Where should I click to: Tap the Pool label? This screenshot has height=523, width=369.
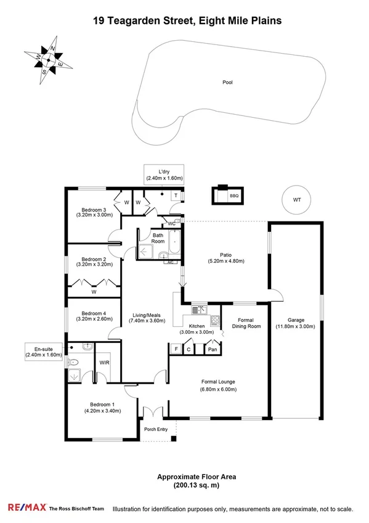pos(228,82)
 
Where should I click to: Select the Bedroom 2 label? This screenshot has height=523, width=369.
pos(94,259)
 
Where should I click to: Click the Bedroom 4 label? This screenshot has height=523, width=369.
pos(94,313)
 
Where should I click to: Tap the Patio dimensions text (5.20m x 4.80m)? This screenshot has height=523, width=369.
pos(225,261)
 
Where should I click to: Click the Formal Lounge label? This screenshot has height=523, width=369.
pos(218,382)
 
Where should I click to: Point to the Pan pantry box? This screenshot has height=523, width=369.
pos(212,350)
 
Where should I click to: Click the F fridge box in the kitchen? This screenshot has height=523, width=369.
pos(176,350)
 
